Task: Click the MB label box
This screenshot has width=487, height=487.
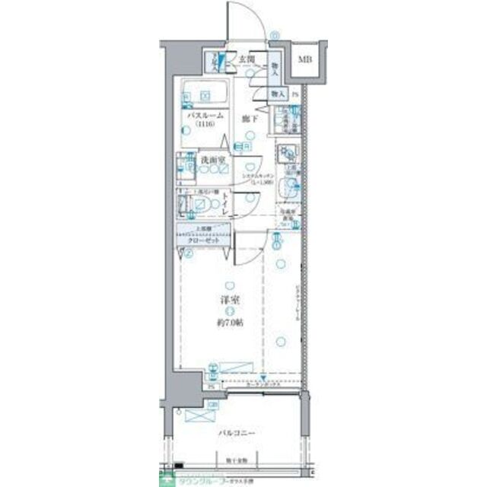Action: point(305,59)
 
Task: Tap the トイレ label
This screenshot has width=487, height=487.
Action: point(226,205)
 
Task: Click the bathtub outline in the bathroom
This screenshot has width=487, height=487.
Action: point(205,93)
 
